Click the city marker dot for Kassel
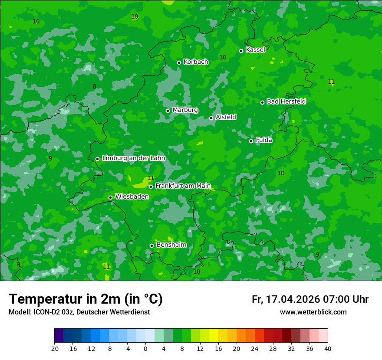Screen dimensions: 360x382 [x=241, y=51]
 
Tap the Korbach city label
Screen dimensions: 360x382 [x=196, y=62]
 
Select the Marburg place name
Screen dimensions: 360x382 [x=185, y=110]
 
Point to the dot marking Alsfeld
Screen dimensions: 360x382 [x=211, y=118]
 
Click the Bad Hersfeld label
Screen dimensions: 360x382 [x=286, y=101]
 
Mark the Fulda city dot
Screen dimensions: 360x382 [x=251, y=141]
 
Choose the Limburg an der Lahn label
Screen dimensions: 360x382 [x=133, y=158]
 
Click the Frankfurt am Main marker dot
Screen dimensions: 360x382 [x=151, y=187]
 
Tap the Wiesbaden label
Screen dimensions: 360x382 [x=132, y=196]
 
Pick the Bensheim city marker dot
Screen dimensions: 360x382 [x=151, y=245]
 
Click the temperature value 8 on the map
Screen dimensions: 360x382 [x=94, y=87]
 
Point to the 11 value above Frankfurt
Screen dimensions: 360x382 [x=151, y=178]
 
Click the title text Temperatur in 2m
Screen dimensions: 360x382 [x=86, y=299]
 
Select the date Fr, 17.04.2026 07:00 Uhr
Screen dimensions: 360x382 [x=310, y=299]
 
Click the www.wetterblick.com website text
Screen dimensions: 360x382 [x=313, y=312]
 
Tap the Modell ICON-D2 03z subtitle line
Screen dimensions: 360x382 [x=79, y=312]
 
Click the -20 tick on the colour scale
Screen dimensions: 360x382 [x=54, y=348]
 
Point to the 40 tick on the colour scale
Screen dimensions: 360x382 [x=328, y=348]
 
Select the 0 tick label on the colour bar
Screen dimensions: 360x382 [x=145, y=348]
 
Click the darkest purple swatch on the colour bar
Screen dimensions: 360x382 [x=59, y=336]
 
